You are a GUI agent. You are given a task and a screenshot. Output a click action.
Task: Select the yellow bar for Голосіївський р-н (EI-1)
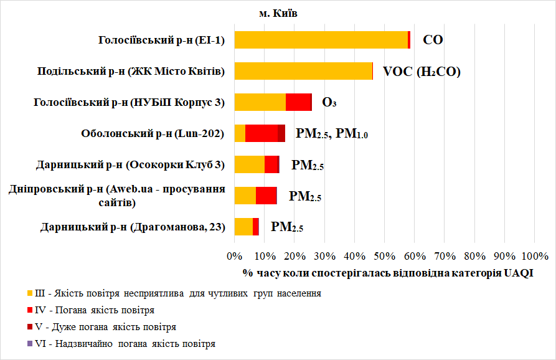(x=321, y=40)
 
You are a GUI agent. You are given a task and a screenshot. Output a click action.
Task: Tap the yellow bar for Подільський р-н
(x=303, y=71)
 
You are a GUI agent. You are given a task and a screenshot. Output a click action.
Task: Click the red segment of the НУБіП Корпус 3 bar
(x=298, y=102)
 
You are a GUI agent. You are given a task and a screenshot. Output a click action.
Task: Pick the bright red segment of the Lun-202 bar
(x=261, y=133)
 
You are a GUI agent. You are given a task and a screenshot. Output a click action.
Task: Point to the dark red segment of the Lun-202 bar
(x=281, y=133)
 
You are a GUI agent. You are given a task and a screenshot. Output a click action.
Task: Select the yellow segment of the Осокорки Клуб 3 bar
(x=249, y=164)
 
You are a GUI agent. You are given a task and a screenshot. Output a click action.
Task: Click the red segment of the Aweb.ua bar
(x=266, y=196)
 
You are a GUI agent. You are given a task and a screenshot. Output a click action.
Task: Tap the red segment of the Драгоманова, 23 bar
(x=256, y=227)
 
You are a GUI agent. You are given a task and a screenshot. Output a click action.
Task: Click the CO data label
(x=433, y=40)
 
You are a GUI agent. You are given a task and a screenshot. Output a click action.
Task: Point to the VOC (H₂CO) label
(x=422, y=72)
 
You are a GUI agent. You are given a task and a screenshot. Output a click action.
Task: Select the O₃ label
(x=329, y=103)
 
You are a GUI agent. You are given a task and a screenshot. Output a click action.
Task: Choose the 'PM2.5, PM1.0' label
(x=332, y=133)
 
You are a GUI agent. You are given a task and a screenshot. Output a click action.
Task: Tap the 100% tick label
(x=534, y=256)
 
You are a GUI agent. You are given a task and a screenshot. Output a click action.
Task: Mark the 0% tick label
(x=235, y=256)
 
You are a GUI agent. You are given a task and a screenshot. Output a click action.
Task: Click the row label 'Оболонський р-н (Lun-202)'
(x=153, y=133)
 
